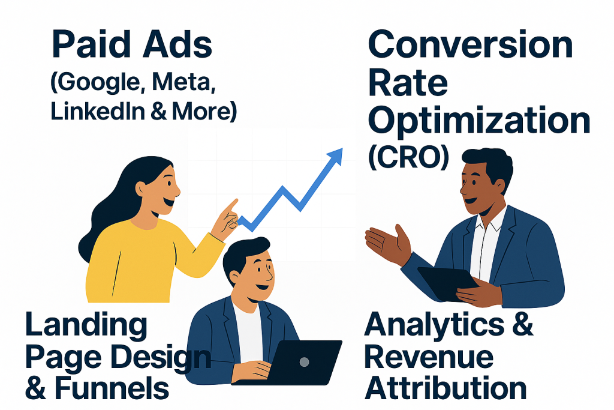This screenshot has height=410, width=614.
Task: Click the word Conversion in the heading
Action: (470, 44)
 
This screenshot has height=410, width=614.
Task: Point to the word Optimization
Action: (479, 121)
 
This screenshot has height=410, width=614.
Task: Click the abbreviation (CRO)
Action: (408, 157)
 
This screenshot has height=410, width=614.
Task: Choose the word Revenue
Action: (429, 358)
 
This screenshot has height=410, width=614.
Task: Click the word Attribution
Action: (446, 388)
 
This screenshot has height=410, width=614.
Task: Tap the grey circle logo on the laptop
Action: (304, 362)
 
